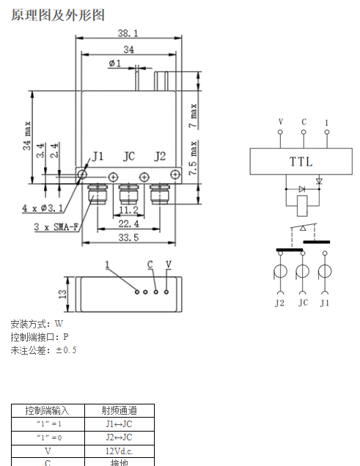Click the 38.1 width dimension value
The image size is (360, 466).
(128, 33)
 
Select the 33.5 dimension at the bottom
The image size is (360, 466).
(128, 237)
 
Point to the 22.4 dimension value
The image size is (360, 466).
(128, 223)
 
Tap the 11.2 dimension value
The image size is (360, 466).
(128, 210)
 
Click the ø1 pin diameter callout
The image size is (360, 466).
(115, 63)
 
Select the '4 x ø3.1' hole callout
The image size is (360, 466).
(43, 208)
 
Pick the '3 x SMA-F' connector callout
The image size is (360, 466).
(56, 227)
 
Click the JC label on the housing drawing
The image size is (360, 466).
(129, 156)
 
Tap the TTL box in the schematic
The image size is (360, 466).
(301, 161)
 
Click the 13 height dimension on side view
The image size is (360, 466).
(63, 294)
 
